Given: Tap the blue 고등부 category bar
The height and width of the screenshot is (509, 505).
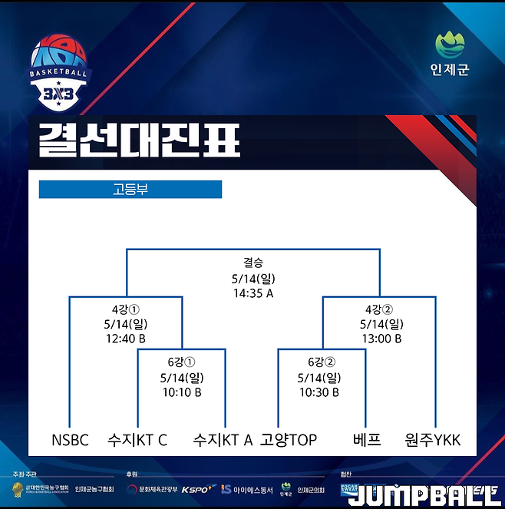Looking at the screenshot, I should pos(130,189).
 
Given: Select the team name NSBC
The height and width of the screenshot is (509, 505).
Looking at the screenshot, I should pos(71,440).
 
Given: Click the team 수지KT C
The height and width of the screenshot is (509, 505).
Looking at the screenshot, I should pos(138,440).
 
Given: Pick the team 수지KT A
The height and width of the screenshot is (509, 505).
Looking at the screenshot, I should pos(223,440).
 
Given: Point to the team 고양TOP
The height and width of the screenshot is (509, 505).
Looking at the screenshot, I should pos(289,440).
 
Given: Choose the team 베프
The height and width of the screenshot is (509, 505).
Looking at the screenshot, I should pos(367,440).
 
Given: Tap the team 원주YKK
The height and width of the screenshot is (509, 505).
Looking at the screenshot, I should pos(433,440).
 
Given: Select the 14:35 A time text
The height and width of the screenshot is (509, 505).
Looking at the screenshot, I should pos(253,293).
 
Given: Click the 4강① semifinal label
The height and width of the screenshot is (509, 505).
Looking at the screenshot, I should pos(126,309).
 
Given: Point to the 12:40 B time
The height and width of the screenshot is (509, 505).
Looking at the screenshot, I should pos(126,339).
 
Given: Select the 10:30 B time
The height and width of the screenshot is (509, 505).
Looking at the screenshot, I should pos(319,392).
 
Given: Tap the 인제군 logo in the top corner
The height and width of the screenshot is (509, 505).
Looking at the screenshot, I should pos(450,53).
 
